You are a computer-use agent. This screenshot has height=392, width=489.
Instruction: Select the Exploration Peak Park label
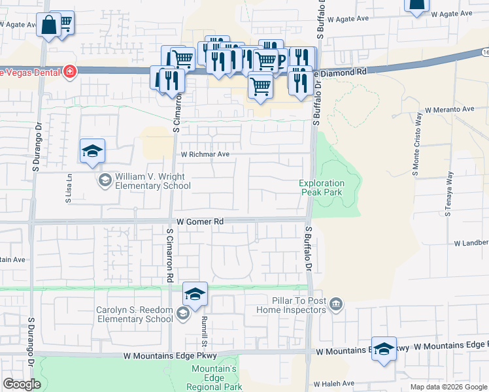[321, 188]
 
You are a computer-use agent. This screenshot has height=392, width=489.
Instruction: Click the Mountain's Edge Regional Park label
[214, 378]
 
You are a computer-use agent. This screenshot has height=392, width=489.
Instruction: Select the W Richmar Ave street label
[205, 154]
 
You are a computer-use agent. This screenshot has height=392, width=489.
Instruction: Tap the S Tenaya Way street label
[449, 193]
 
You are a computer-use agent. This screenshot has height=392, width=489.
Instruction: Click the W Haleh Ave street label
[333, 384]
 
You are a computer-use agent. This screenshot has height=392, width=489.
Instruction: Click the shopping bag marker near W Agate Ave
[48, 26]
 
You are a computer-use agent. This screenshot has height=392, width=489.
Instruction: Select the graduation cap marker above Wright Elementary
[92, 152]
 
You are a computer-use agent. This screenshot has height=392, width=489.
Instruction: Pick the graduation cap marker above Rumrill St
[195, 294]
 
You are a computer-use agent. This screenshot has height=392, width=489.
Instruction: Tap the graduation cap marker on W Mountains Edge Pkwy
[384, 348]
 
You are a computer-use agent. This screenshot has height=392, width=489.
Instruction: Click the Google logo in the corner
[22, 384]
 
